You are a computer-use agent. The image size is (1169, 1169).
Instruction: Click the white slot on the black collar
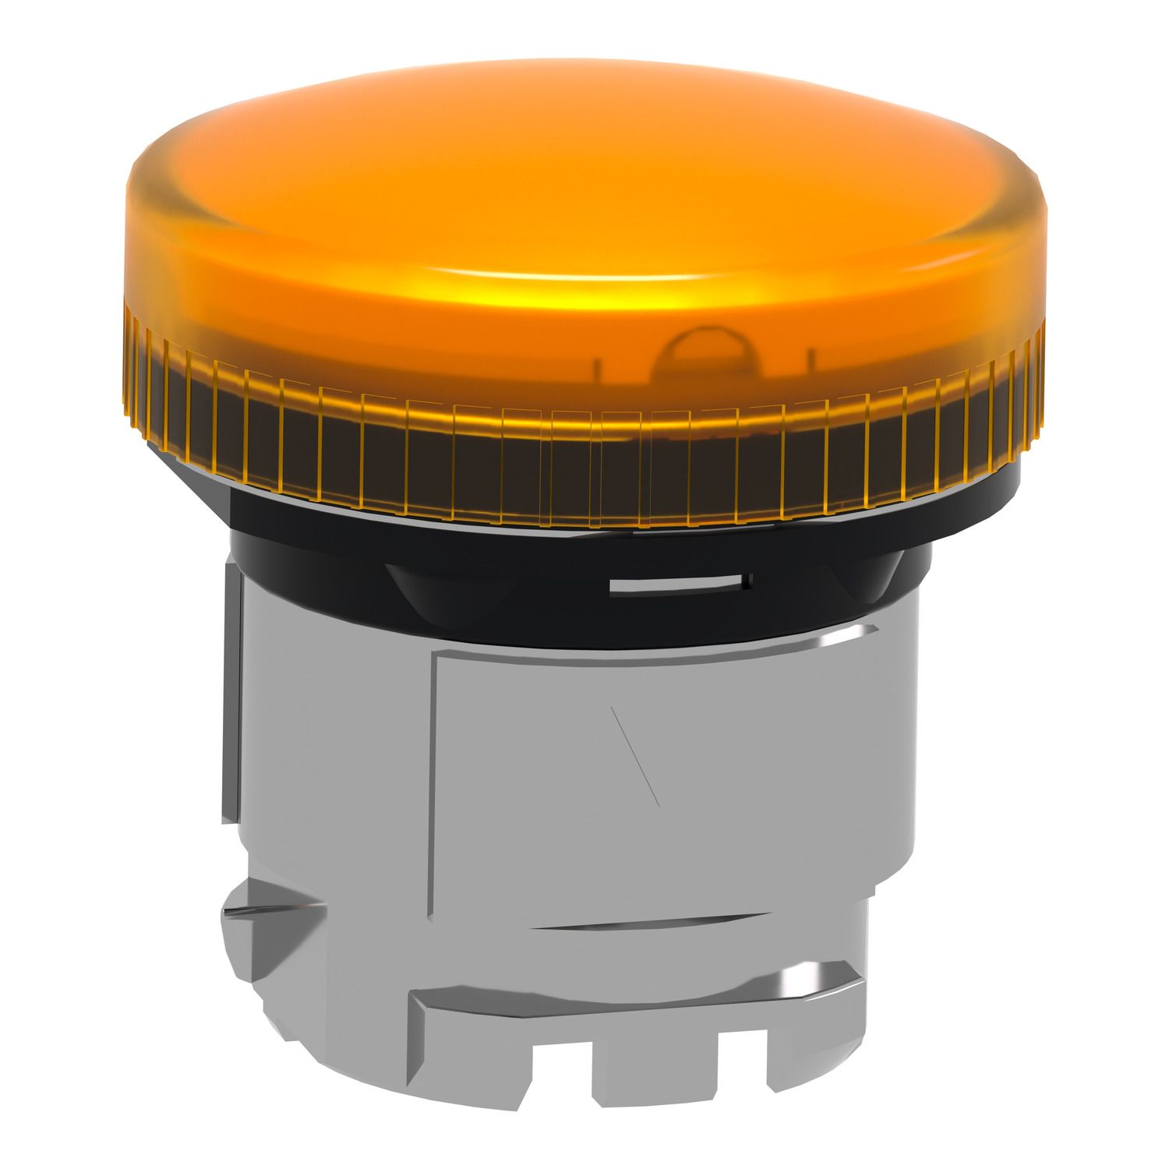(678, 584)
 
